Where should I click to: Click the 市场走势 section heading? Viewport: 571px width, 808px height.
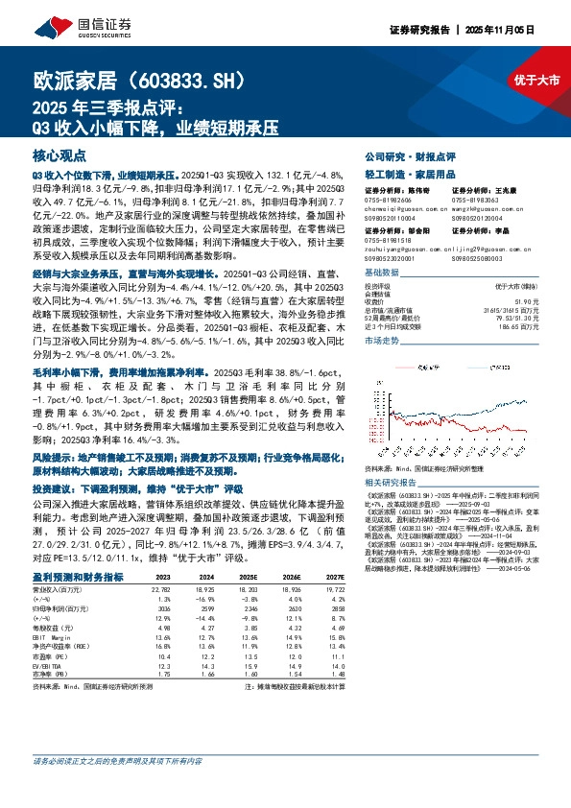tap(382, 341)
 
